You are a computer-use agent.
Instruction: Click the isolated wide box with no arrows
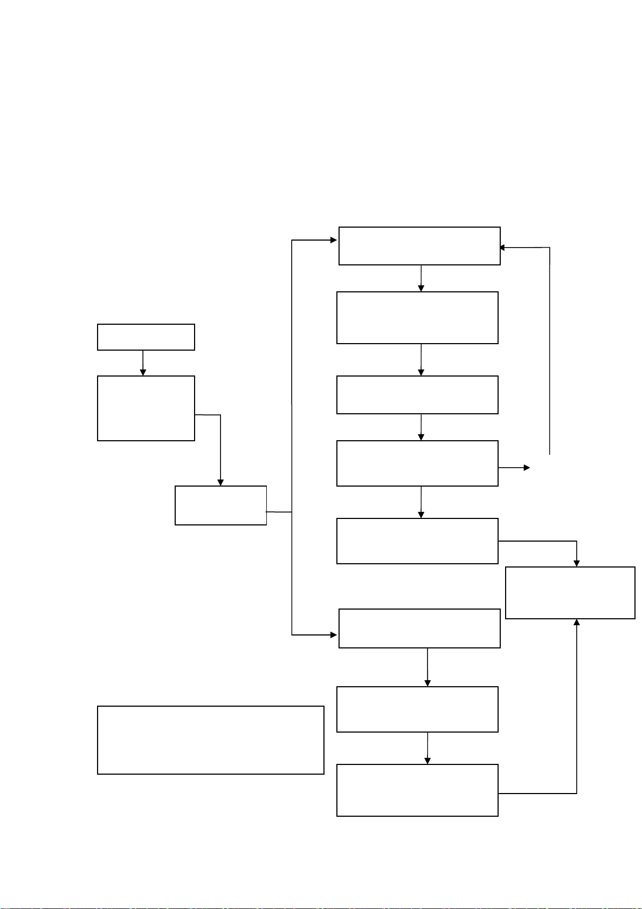click(x=210, y=740)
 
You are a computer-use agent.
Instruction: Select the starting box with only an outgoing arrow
click(x=146, y=337)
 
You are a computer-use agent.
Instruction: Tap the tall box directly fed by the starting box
click(x=146, y=408)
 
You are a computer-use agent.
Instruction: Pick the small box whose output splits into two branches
click(x=220, y=505)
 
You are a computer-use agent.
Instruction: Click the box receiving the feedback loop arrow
click(x=419, y=246)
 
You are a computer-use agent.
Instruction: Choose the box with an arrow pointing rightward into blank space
click(x=417, y=463)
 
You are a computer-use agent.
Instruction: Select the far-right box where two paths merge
click(x=570, y=593)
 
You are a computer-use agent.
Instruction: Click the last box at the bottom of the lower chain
click(x=417, y=790)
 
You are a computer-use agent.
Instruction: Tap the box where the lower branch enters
click(x=419, y=628)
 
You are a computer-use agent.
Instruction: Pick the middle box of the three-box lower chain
click(x=417, y=709)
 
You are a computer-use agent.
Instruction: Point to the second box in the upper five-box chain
click(x=417, y=318)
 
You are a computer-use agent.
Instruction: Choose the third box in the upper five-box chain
click(x=417, y=395)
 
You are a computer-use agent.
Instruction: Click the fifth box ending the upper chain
click(x=417, y=541)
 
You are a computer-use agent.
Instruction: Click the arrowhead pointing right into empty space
click(x=527, y=468)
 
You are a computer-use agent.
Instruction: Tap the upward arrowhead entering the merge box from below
click(x=577, y=623)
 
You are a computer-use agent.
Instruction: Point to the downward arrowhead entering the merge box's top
click(x=577, y=563)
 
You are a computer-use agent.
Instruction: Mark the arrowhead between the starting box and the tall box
click(x=143, y=372)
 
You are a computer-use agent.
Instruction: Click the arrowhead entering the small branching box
click(x=220, y=482)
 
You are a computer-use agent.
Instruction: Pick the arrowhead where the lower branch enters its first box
click(x=334, y=635)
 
